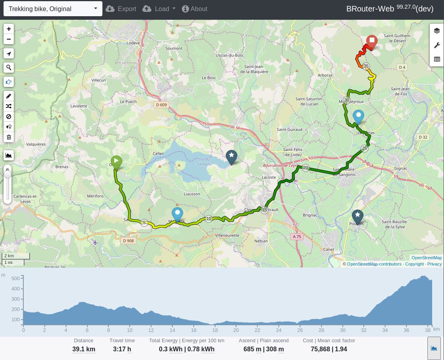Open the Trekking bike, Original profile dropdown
coord(53,9)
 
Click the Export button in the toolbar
coord(121,9)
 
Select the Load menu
coord(159,9)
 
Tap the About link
coord(194,9)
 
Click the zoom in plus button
coord(9,29)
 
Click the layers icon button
coord(436,30)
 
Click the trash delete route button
coord(9,138)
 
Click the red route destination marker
coord(372,41)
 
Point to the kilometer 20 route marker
coord(306,168)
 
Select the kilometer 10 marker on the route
coord(209,219)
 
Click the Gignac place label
coord(401,168)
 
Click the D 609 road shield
coord(161,105)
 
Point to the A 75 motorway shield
coord(298,236)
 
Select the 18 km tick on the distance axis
coord(215,330)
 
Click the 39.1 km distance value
coord(83,349)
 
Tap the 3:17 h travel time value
coord(122,349)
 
